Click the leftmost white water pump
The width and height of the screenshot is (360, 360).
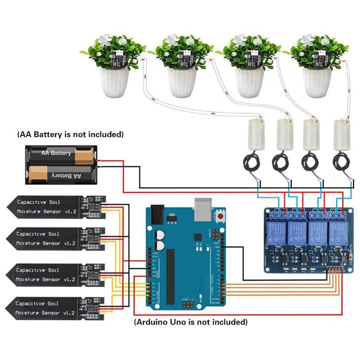pyautogui.click(x=254, y=135)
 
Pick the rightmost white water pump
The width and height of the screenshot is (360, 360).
pyautogui.click(x=341, y=135)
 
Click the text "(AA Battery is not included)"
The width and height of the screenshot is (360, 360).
pyautogui.click(x=70, y=134)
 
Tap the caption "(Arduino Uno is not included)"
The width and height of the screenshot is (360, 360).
pyautogui.click(x=191, y=322)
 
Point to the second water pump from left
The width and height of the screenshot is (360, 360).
pyautogui.click(x=284, y=135)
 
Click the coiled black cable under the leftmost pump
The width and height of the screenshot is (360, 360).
pyautogui.click(x=251, y=162)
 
